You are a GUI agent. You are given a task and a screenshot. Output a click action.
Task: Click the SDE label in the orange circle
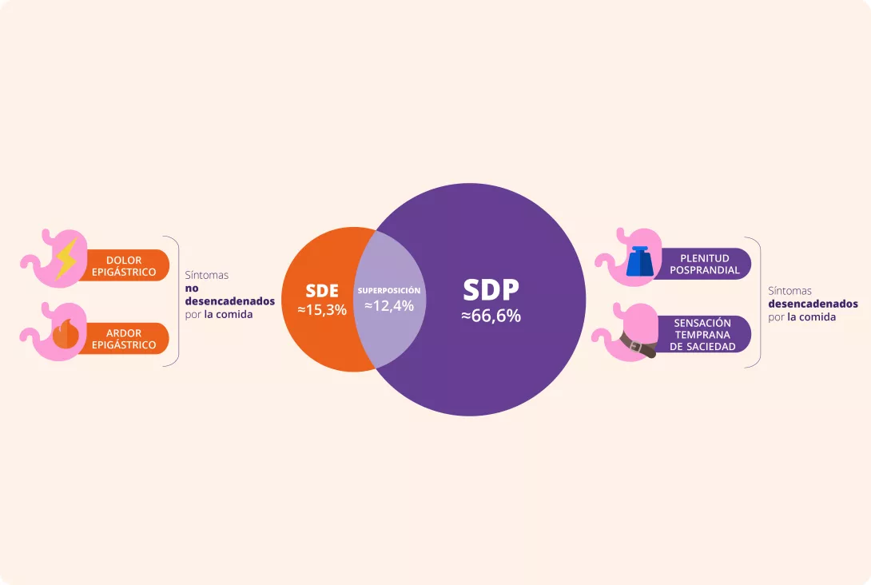coord(322,291)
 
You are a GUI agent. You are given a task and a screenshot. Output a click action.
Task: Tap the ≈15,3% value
coord(322,309)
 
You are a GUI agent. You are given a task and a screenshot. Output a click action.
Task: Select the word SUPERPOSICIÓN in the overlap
coord(389,291)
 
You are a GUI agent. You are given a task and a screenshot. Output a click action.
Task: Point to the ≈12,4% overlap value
coord(389,305)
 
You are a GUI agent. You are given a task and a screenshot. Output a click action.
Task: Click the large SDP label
coord(491,289)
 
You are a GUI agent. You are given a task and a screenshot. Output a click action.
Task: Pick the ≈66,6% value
coord(491,316)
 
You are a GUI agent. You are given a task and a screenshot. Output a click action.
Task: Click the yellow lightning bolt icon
coord(66,258)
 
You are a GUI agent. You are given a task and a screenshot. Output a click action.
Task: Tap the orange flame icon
coord(66,334)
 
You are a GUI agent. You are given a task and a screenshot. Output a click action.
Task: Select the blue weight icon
coord(642,261)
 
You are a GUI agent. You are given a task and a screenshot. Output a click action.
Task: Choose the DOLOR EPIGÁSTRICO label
coord(124,266)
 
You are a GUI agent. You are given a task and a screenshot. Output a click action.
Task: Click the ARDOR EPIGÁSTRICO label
coord(124,339)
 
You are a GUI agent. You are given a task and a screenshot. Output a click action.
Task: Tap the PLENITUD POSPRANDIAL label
coord(704,264)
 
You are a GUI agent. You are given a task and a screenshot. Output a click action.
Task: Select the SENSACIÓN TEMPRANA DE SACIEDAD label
coord(702,334)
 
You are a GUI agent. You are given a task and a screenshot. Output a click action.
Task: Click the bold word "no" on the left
coord(192,289)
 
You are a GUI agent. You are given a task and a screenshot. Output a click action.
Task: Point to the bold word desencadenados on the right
coord(813,304)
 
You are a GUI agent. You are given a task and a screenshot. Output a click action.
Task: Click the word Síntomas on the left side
coord(207,275)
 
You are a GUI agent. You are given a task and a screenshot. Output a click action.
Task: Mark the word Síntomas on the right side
coord(790,291)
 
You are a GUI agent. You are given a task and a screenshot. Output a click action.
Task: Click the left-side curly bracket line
coord(178,301)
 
